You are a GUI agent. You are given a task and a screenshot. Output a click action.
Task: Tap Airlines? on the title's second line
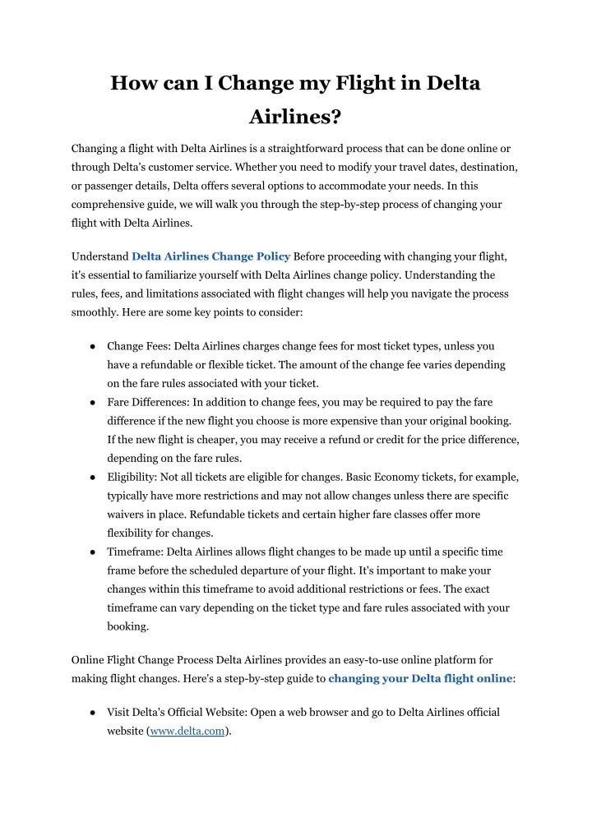pos(295,117)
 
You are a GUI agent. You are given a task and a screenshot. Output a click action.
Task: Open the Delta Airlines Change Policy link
pos(210,256)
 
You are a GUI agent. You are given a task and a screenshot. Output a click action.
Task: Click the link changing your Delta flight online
pos(420,678)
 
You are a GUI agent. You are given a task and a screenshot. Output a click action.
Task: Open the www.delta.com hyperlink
pos(187,731)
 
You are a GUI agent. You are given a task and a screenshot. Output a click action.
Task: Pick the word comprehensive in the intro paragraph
pos(110,205)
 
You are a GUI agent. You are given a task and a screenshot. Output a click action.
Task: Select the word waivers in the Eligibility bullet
pos(127,515)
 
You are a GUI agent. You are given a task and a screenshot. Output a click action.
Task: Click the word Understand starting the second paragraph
pos(99,256)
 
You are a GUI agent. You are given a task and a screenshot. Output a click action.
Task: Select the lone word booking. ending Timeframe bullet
pos(128,626)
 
